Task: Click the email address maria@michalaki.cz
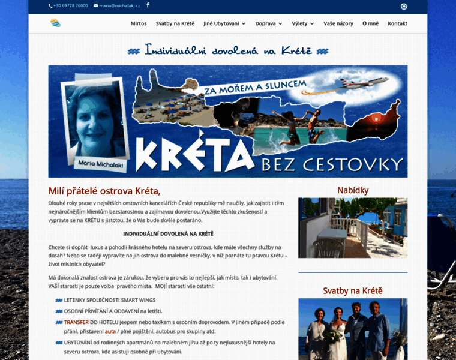coord(119,5)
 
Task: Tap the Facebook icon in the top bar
coord(148,5)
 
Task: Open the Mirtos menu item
coord(139,23)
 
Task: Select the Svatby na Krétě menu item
coord(176,23)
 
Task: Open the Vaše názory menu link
coord(338,23)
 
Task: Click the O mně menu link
coord(370,23)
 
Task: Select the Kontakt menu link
coord(397,23)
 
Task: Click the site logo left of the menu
coord(55,23)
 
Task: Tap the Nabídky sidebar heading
coord(353,190)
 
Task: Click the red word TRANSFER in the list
coord(76,322)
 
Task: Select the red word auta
coord(110,331)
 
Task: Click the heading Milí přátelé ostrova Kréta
coord(104,191)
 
